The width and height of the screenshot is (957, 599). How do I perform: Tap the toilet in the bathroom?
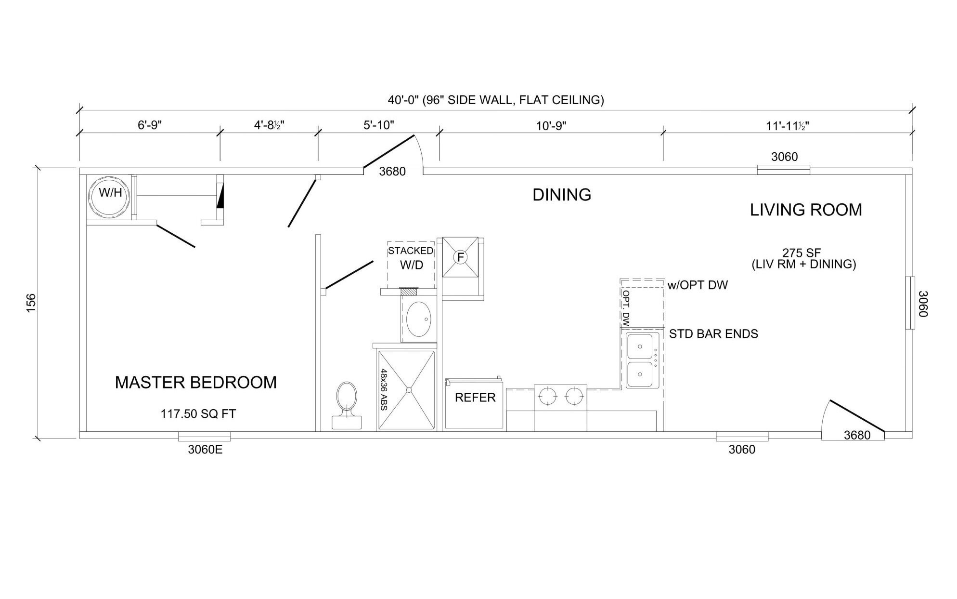[x=347, y=405]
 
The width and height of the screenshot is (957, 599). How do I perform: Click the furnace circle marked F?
[x=461, y=257]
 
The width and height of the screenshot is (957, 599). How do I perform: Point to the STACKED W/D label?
[x=411, y=257]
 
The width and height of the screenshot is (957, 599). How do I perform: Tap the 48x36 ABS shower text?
[x=384, y=389]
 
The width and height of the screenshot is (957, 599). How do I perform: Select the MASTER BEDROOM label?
[x=196, y=382]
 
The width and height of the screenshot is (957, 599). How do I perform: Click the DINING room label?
[x=562, y=195]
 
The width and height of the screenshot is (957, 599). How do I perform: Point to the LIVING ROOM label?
[x=806, y=210]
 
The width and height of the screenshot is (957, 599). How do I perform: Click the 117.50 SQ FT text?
[x=198, y=413]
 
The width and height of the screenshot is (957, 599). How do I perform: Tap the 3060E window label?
[x=205, y=450]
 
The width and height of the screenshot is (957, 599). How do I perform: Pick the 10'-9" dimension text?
[x=551, y=126]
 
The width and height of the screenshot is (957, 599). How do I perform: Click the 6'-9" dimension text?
[x=150, y=125]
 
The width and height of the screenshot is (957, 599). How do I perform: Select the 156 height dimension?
[x=31, y=303]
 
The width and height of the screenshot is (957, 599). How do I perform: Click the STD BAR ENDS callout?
[x=713, y=333]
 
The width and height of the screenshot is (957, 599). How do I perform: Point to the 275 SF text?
[x=802, y=253]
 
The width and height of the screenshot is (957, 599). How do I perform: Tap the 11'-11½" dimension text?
[x=788, y=126]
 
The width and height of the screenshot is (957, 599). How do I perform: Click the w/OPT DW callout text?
[x=698, y=285]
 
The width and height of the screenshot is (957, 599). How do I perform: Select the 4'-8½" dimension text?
[x=269, y=125]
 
